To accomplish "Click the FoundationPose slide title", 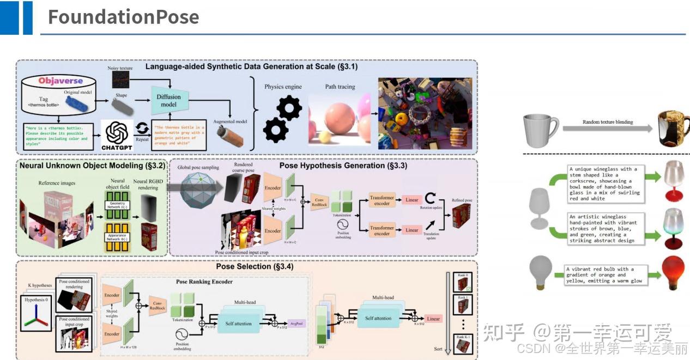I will coord(123,17).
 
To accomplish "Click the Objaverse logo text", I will coord(60,81).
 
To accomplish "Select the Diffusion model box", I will coord(170,101).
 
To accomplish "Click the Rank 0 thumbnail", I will coord(462,283).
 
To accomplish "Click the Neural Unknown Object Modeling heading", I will coord(89,164).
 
